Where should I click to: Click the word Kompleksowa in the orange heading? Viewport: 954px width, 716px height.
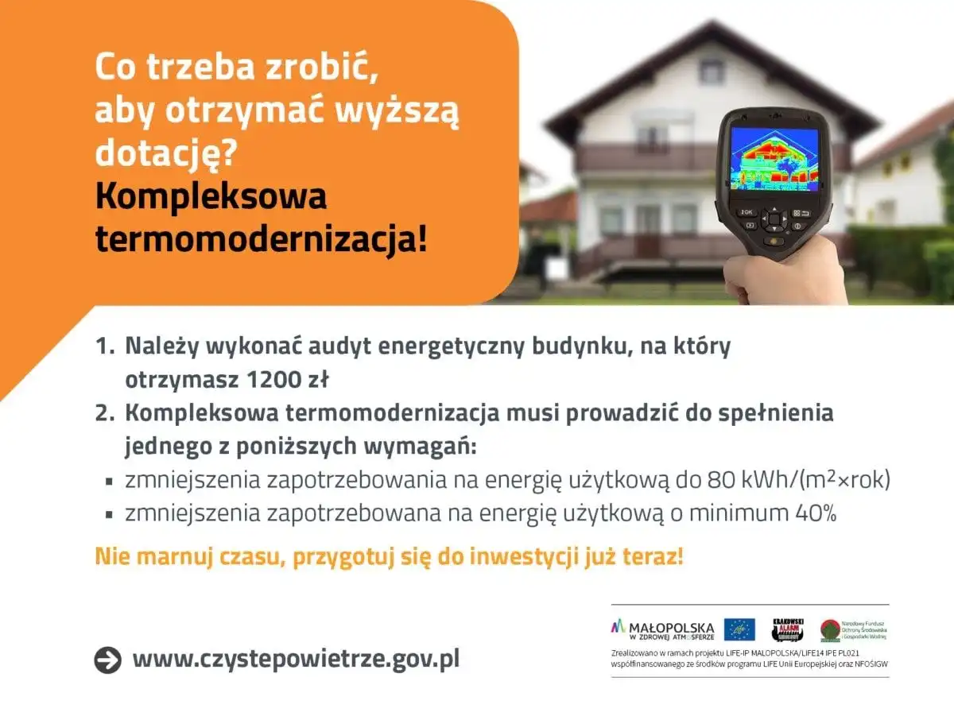[211, 196]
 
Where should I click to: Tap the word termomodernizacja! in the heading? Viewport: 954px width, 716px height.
[261, 238]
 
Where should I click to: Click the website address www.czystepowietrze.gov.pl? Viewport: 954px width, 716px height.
[296, 659]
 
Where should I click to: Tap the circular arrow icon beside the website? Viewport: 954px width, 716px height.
[107, 660]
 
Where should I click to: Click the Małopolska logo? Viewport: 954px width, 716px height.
[662, 629]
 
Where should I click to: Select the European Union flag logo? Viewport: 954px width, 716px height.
[740, 629]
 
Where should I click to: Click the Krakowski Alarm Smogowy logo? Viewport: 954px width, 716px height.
[788, 629]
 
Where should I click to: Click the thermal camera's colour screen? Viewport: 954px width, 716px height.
[774, 158]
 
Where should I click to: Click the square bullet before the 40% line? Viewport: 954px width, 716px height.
[109, 514]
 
